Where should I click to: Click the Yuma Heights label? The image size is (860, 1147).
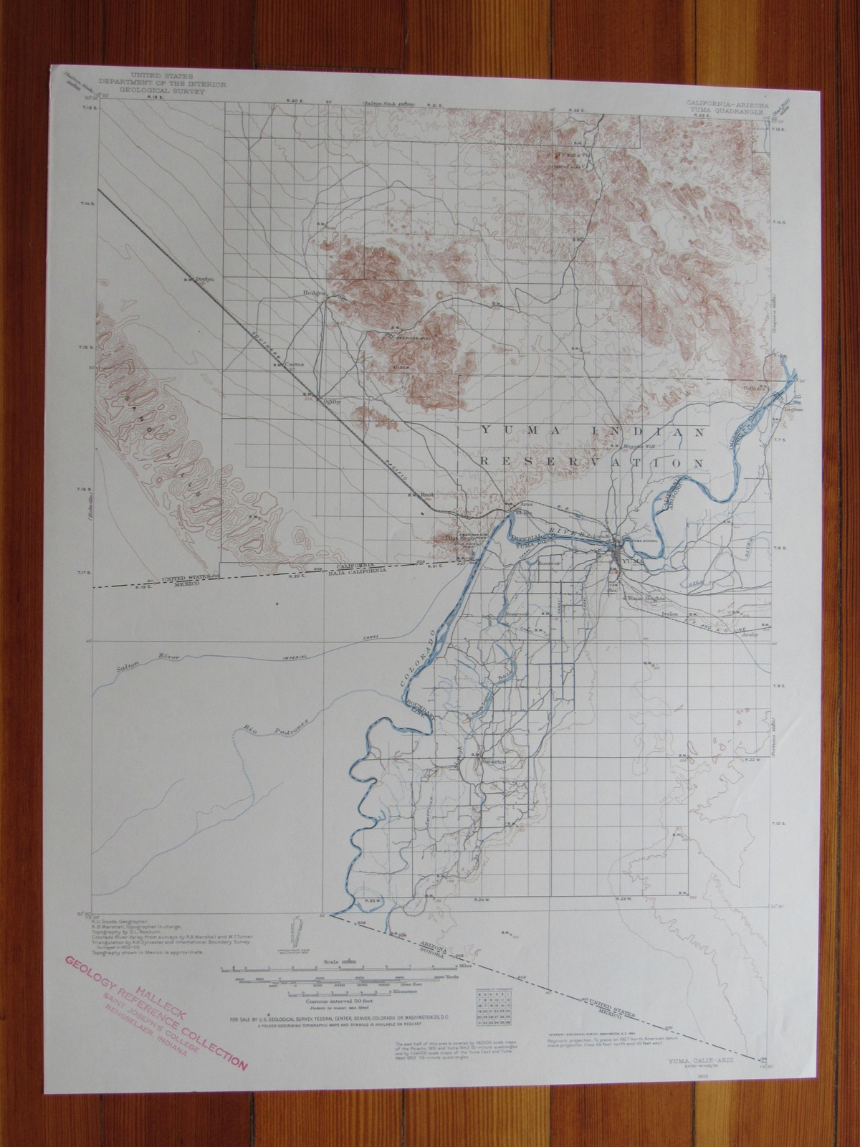(x=646, y=598)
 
